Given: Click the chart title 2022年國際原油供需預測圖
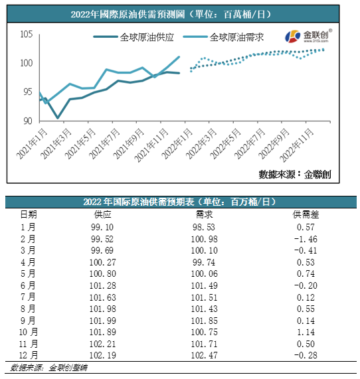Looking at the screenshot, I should (179, 14).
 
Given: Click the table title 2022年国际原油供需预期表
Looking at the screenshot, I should (179, 202).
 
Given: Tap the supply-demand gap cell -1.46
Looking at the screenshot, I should (306, 239).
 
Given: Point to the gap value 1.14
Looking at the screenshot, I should (306, 334).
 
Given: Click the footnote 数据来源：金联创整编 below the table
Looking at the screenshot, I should (40, 368).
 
